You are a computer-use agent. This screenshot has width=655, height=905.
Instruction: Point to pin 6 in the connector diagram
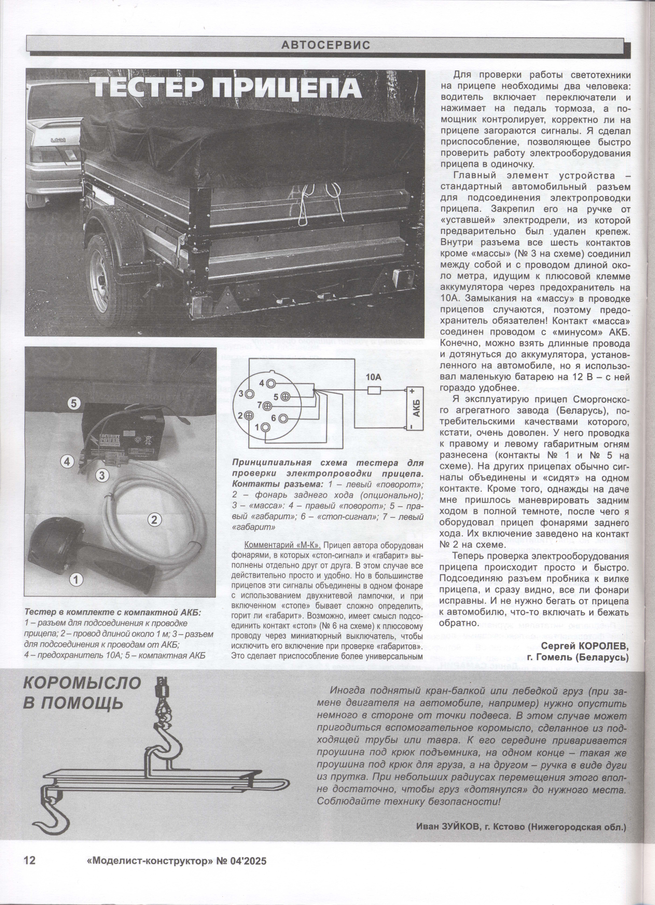pos(283,418)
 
